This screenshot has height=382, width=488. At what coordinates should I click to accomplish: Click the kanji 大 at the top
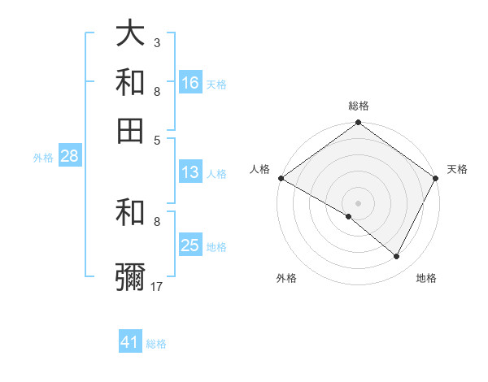130,35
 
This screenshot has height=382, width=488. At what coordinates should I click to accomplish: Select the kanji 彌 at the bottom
130,277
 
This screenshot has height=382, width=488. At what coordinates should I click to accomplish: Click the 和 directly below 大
130,83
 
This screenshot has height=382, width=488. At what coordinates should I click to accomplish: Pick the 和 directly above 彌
130,213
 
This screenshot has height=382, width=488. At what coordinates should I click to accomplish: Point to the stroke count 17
157,286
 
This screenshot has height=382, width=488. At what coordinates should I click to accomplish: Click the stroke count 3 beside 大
157,42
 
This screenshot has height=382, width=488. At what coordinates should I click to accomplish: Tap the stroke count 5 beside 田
157,139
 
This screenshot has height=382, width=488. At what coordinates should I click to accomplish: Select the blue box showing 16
190,83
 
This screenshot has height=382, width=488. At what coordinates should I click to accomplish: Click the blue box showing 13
190,172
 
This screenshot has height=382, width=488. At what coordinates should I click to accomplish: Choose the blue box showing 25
190,245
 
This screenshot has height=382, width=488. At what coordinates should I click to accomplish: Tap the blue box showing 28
69,157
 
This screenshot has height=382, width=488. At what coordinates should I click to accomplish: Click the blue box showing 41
130,342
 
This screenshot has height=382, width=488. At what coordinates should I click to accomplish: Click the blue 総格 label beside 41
156,344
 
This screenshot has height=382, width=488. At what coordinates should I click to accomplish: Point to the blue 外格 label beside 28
43,158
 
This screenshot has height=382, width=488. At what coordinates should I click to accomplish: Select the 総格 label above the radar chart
359,106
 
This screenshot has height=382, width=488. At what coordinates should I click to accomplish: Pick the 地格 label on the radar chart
426,279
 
